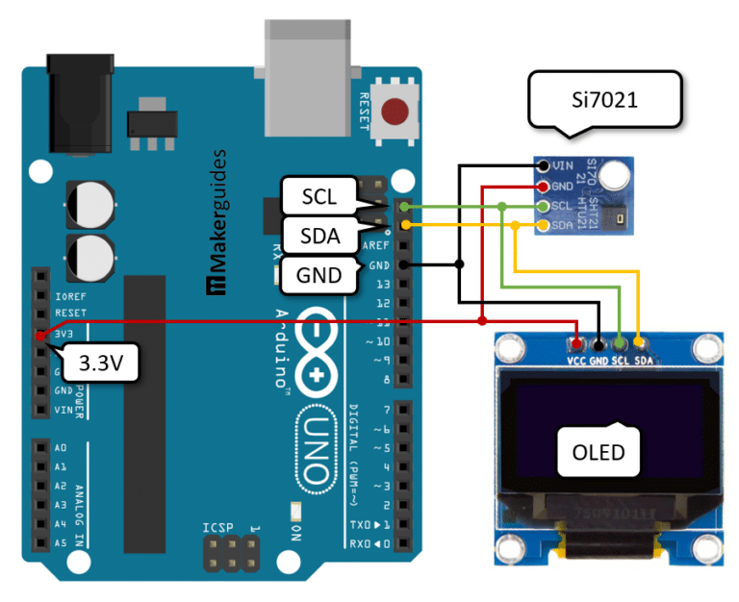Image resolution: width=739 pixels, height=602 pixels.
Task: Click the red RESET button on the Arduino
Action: pyautogui.click(x=394, y=112)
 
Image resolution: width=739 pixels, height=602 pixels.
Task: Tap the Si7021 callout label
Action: pyautogui.click(x=604, y=99)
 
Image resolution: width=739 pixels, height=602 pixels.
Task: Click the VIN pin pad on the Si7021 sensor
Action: pyautogui.click(x=544, y=166)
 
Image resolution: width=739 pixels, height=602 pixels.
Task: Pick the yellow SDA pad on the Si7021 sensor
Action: pyautogui.click(x=544, y=226)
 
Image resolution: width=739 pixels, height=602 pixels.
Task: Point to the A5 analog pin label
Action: pyautogui.click(x=60, y=542)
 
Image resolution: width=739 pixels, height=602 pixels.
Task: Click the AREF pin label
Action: pyautogui.click(x=378, y=245)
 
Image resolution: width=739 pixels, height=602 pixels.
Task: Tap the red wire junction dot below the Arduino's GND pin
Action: pyautogui.click(x=482, y=320)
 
